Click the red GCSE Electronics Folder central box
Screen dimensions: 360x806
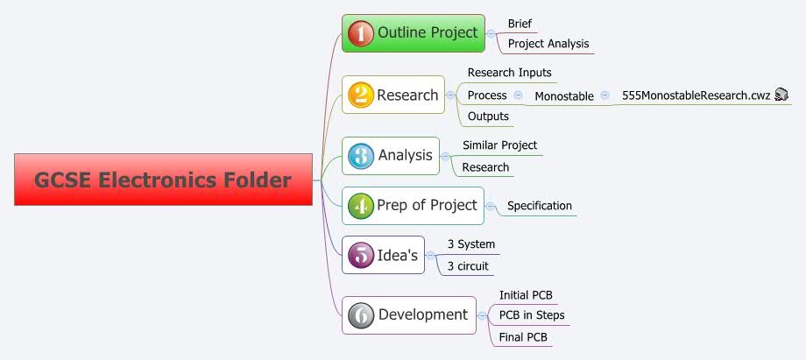(x=163, y=180)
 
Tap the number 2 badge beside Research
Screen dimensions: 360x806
(x=360, y=95)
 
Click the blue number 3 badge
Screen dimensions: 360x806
(x=360, y=156)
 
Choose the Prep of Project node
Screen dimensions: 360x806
(x=413, y=206)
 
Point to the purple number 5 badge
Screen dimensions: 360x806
(x=360, y=256)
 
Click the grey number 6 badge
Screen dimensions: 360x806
(x=360, y=315)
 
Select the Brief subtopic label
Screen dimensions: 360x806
(x=520, y=24)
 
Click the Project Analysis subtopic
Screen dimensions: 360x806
(x=548, y=44)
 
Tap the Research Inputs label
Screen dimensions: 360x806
(x=509, y=73)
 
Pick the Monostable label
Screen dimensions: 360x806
(x=564, y=95)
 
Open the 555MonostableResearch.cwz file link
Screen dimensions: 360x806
(x=696, y=95)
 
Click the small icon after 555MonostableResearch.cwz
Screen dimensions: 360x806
(x=781, y=95)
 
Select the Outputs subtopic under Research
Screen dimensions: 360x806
(x=488, y=116)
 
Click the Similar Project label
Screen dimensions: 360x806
(x=499, y=145)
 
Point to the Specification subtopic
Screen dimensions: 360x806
(x=540, y=206)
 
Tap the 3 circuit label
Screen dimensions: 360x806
(x=468, y=266)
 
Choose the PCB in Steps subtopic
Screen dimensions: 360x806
(x=532, y=315)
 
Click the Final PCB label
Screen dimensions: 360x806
(x=523, y=336)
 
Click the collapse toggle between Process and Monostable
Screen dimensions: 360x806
(x=519, y=95)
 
